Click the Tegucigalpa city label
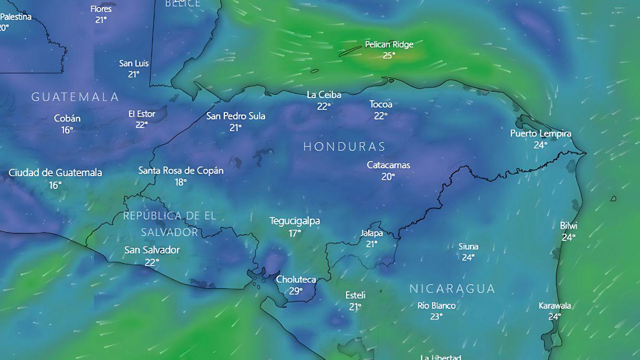point(295,221)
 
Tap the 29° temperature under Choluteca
point(296,291)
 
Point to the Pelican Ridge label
point(389,44)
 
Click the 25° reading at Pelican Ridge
point(389,55)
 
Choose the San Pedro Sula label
point(236,116)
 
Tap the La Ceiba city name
point(324,95)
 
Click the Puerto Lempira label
point(541,133)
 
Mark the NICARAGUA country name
point(452,289)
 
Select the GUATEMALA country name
point(75,97)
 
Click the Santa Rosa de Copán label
point(181,171)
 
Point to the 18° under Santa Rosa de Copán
point(181,182)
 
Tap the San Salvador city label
point(152,250)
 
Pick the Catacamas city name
point(388,165)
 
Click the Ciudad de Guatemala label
point(55,173)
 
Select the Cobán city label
point(67,118)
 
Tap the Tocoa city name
point(381,104)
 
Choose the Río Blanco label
point(436,306)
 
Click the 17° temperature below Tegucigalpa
point(295,233)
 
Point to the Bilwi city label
point(569,226)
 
